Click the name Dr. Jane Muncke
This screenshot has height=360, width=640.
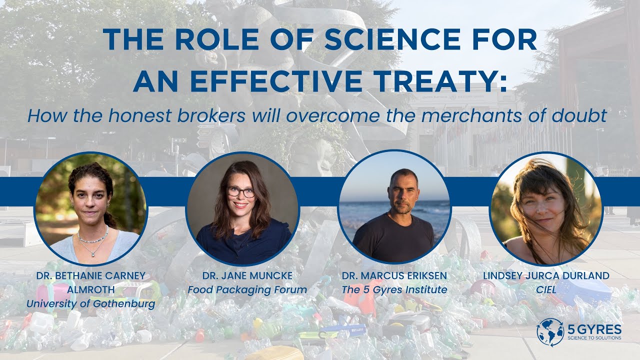tap(247, 276)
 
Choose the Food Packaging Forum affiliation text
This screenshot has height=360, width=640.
tap(247, 289)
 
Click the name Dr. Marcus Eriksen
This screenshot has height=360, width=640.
tap(394, 276)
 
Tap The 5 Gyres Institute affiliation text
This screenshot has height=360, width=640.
tap(394, 289)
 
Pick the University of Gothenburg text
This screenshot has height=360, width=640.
tap(90, 303)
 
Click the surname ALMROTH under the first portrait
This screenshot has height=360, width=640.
tap(90, 289)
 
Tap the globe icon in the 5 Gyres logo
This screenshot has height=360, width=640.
tap(550, 331)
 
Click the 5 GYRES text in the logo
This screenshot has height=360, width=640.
tap(594, 328)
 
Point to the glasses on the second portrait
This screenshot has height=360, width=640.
tap(241, 192)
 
